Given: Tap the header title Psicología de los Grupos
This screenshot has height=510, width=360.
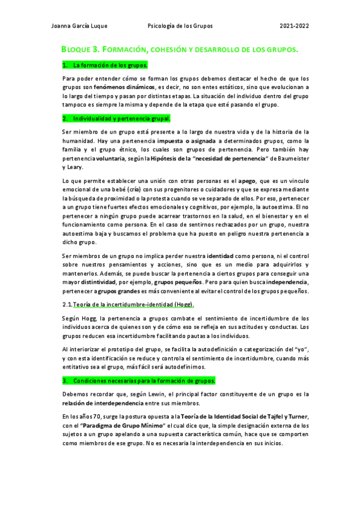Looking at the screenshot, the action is (180, 26).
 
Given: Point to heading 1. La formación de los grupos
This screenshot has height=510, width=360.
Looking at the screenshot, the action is (105, 64).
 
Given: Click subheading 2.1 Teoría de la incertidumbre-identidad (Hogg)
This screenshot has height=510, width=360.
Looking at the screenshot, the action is (129, 305).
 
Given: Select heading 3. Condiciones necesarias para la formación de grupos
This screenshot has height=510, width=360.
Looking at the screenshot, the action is (139, 381).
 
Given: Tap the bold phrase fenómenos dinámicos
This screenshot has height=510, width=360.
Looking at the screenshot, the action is (120, 87).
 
